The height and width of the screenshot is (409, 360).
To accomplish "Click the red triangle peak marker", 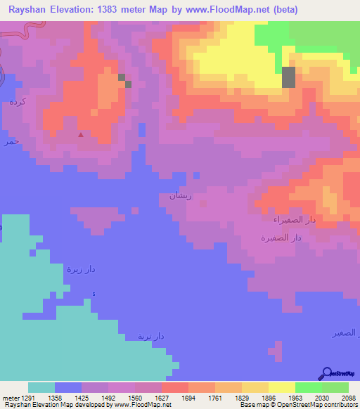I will (81, 134).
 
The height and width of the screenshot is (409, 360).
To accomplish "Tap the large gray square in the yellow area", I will (288, 77).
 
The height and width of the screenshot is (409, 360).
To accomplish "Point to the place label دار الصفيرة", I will (282, 238).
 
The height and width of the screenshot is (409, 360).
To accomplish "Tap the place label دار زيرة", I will (81, 268).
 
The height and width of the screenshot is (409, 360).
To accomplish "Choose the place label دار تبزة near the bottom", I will (150, 336).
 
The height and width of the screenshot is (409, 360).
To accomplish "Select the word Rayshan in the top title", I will (28, 10).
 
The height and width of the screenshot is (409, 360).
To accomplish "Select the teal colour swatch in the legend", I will (41, 387).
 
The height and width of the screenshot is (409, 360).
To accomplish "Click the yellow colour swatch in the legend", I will (281, 387).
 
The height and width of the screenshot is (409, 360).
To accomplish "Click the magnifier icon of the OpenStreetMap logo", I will (326, 374).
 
